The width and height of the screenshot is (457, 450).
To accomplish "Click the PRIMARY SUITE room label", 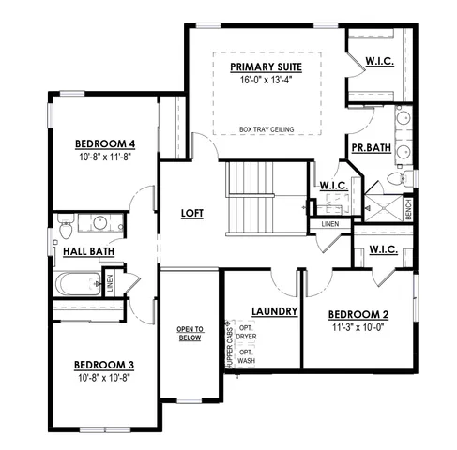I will (x=267, y=68).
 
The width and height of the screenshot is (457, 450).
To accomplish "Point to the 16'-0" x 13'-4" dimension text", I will (x=267, y=82).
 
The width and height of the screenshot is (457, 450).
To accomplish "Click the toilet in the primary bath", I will (x=394, y=178).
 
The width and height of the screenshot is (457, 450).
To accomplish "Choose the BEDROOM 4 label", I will (x=105, y=143).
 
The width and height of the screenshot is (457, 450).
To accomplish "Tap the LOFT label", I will (x=192, y=213).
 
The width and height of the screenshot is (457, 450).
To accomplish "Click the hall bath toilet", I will (x=66, y=228).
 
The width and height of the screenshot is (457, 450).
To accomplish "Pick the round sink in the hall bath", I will (x=99, y=224).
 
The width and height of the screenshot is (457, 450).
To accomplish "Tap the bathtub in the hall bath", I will (x=79, y=281).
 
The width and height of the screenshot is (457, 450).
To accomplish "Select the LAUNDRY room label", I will (x=275, y=311).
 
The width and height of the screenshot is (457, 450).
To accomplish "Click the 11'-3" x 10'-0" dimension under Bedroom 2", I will (x=358, y=328).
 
